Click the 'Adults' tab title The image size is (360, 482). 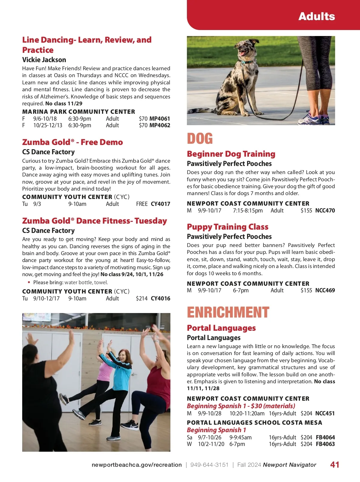coord(316,16)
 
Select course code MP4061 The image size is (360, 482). coord(160,119)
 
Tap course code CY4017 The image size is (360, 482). coord(160,204)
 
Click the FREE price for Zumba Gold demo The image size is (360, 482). coord(142,204)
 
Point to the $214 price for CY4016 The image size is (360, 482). coord(142,299)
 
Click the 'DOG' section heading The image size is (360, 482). coord(200,139)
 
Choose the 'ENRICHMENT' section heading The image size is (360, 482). coord(228,312)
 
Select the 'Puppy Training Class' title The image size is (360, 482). coord(227,227)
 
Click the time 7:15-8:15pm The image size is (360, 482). coord(248,211)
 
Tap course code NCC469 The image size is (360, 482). coord(325,291)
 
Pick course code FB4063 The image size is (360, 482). coord(325,444)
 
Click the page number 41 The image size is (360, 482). coord(335,465)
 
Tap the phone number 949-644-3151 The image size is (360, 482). coord(209,465)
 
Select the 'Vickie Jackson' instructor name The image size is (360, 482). coord(44,60)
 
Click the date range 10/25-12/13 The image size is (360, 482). coord(48,125)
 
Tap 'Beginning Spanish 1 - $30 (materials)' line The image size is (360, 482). coord(241,406)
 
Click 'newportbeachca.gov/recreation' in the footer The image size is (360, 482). coord(136,465)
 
